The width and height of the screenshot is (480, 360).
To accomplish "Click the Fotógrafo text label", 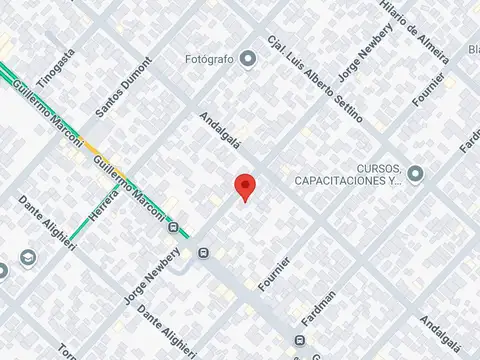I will (x=210, y=59).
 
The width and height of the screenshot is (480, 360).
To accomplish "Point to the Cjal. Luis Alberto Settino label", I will (x=314, y=80).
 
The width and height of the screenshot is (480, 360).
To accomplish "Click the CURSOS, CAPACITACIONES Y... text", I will (x=349, y=174).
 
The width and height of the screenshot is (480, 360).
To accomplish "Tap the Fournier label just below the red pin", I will (x=275, y=274).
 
